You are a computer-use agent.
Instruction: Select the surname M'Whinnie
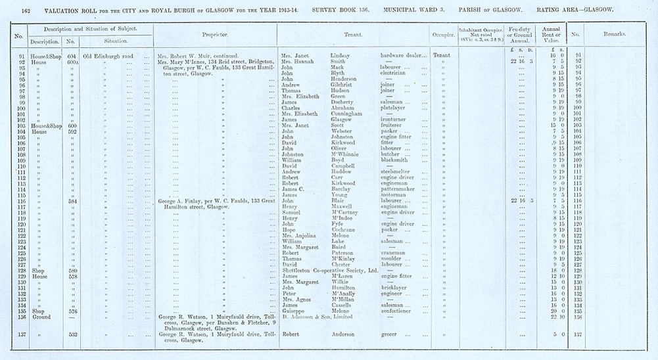(x=345, y=154)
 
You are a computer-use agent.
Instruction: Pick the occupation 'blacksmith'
(x=394, y=160)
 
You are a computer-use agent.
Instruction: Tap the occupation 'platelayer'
(x=396, y=108)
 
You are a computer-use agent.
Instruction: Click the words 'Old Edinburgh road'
(x=108, y=56)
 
